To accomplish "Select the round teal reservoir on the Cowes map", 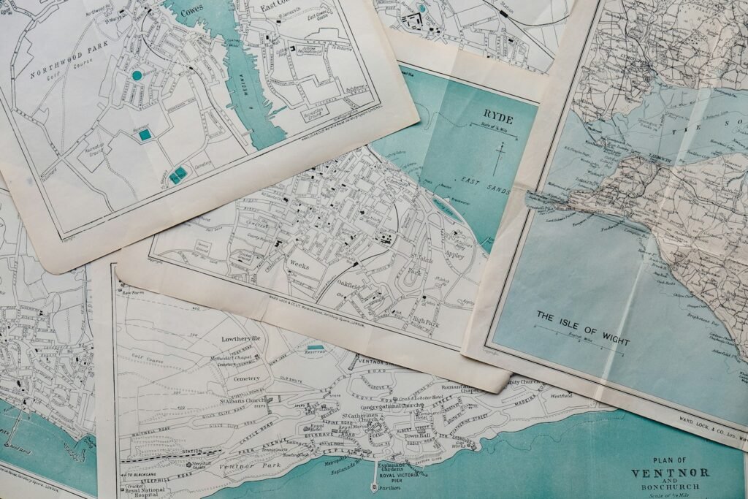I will click(137, 75).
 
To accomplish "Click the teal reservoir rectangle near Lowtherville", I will click(316, 348).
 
